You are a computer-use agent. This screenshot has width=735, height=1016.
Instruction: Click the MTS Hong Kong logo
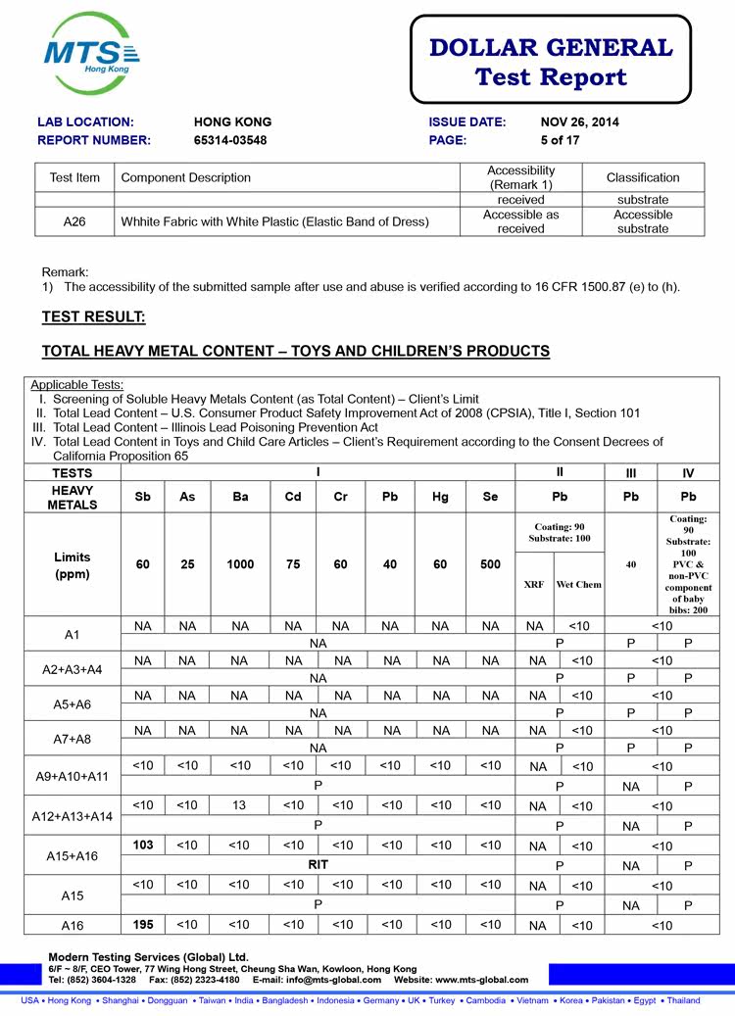pyautogui.click(x=91, y=54)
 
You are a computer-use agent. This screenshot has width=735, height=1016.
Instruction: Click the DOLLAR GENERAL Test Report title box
pyautogui.click(x=550, y=61)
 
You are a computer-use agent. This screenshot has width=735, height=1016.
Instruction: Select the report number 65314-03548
pyautogui.click(x=230, y=140)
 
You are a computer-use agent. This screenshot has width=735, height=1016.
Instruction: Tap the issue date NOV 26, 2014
pyautogui.click(x=580, y=122)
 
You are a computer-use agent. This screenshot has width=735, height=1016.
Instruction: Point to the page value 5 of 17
pyautogui.click(x=562, y=140)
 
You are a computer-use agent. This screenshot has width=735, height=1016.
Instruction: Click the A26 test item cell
pyautogui.click(x=74, y=221)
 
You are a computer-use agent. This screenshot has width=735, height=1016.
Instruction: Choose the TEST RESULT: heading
pyautogui.click(x=93, y=316)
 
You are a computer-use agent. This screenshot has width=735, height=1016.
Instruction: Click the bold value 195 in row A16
pyautogui.click(x=143, y=924)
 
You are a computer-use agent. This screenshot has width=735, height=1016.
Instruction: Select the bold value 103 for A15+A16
pyautogui.click(x=143, y=845)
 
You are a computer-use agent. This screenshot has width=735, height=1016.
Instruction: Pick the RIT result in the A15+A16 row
pyautogui.click(x=318, y=864)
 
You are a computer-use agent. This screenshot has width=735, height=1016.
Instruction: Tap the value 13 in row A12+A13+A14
pyautogui.click(x=240, y=805)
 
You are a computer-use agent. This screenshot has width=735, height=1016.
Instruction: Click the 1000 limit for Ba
pyautogui.click(x=240, y=564)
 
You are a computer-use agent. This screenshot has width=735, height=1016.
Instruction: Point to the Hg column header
pyautogui.click(x=441, y=497)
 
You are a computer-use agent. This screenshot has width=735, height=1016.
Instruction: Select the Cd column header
pyautogui.click(x=293, y=497)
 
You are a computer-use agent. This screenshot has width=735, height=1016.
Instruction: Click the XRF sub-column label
pyautogui.click(x=534, y=584)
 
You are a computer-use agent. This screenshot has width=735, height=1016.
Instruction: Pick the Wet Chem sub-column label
pyautogui.click(x=579, y=584)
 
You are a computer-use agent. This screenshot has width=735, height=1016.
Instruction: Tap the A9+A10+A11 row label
pyautogui.click(x=72, y=776)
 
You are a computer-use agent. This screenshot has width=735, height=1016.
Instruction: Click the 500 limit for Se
pyautogui.click(x=491, y=564)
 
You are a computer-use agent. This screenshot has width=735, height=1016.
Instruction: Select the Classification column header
pyautogui.click(x=643, y=177)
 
